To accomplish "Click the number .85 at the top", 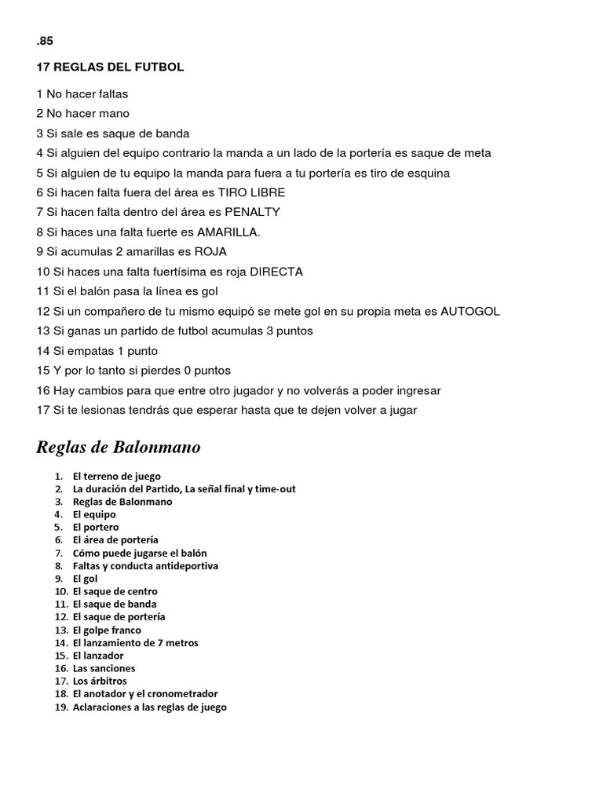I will point(45,42).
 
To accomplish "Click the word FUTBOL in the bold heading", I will point(160,68).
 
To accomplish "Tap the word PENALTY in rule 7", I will point(252,212).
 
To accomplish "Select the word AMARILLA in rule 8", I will point(228,232).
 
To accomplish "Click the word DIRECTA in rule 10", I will point(276,272).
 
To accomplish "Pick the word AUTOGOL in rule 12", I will point(470,311).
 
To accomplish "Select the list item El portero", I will point(96,528).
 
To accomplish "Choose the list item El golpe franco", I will point(107,630).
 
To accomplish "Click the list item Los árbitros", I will point(100,681).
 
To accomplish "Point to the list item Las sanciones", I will point(104,668).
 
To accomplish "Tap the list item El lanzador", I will point(98,656).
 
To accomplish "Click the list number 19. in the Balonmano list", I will point(61,707).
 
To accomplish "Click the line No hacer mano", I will point(83,113).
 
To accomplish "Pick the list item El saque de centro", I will point(115,591).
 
